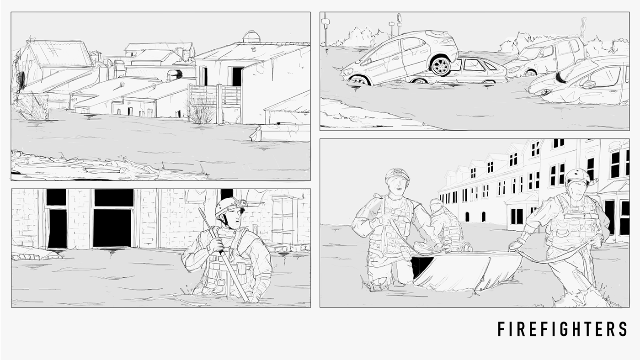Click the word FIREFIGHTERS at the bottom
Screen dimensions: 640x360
pos(562,329)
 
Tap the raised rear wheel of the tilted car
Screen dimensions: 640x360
pos(440,67)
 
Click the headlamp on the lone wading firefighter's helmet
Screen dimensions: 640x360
pos(242,203)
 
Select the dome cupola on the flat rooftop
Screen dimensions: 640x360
pos(251,37)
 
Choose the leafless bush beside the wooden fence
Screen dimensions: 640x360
pos(202,111)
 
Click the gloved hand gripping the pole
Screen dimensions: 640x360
pos(216,245)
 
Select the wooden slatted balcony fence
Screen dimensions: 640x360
pos(214,95)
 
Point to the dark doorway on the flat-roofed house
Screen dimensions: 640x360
pos(237,76)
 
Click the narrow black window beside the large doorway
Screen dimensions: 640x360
pos(57,228)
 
